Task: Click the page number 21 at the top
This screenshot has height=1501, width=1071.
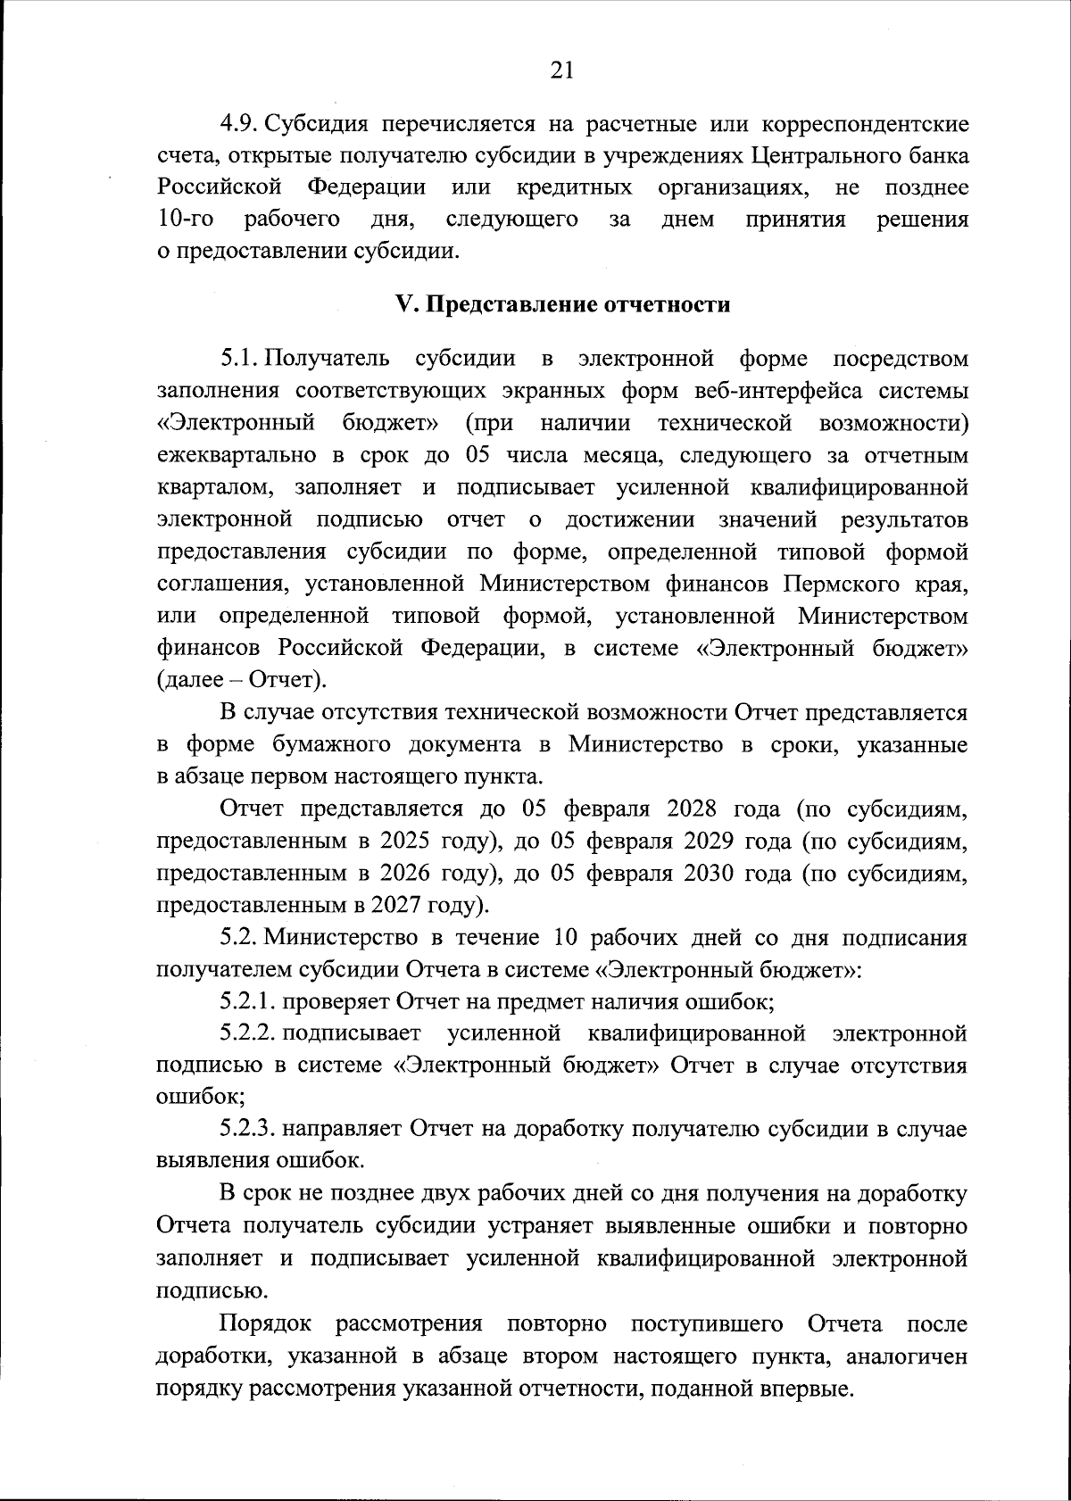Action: click(x=561, y=70)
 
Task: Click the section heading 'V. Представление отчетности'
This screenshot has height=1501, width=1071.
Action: click(x=562, y=304)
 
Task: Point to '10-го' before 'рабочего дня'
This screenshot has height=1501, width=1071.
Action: click(x=184, y=220)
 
